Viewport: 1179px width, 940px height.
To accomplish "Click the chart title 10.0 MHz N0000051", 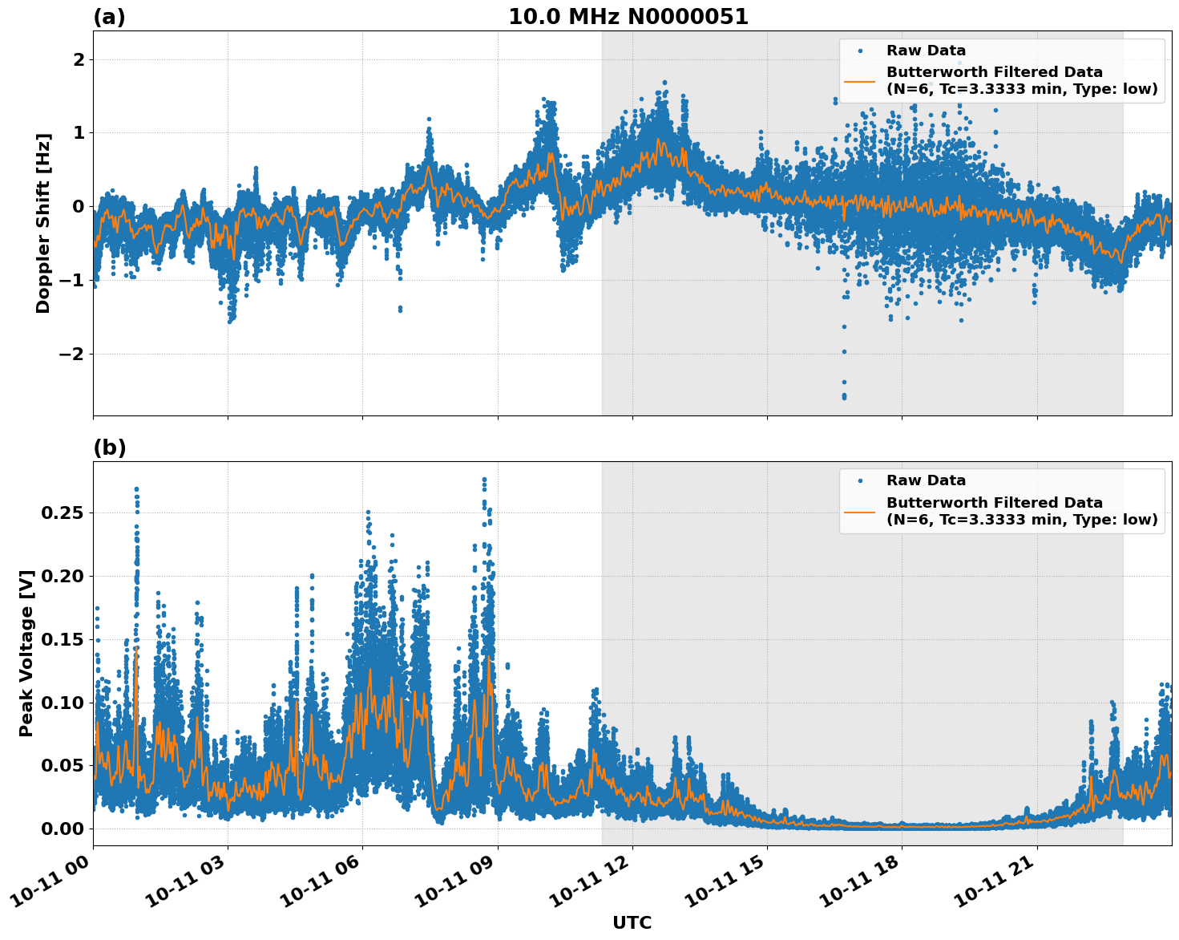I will (x=628, y=17).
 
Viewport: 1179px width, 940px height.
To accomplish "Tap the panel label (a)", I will (x=109, y=17).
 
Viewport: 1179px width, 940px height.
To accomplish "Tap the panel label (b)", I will (x=109, y=448).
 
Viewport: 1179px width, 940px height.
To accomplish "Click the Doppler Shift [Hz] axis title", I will (x=43, y=223).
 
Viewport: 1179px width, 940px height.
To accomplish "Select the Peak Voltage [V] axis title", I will (x=26, y=654).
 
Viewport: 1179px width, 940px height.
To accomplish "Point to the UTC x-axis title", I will (x=632, y=922).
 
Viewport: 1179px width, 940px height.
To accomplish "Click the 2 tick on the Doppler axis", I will (x=79, y=60).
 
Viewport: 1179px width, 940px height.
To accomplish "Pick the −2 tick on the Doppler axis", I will (x=72, y=354).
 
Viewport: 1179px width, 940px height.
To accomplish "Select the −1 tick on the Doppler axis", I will (x=72, y=280).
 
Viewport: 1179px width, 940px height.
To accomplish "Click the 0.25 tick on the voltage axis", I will (x=64, y=513).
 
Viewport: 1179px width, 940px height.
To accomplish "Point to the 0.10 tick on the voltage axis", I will (x=64, y=703).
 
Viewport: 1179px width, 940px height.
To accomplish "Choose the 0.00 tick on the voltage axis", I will (x=64, y=829).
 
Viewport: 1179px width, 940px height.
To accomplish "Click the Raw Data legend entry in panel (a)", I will (x=926, y=51).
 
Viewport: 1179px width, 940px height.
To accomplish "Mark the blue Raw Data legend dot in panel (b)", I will (x=859, y=480).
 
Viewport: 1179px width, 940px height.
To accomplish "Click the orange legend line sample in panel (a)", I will (x=859, y=80).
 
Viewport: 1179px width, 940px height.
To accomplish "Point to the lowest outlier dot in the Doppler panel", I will (x=844, y=397).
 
